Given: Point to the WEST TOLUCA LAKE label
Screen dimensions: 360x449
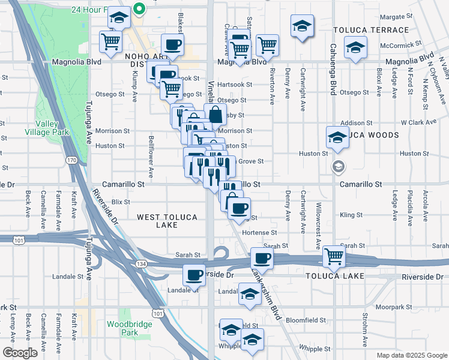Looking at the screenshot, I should (x=157, y=221).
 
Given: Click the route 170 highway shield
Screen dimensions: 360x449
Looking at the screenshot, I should (x=72, y=160).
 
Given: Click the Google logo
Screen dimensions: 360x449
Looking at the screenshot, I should (x=20, y=353).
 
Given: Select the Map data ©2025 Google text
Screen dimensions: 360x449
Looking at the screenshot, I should (x=411, y=355).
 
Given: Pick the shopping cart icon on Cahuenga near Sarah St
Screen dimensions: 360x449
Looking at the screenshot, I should (x=334, y=257).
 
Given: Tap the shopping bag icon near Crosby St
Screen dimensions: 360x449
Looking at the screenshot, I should (x=215, y=113).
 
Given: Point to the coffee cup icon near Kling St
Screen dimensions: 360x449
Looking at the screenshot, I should (x=239, y=208).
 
